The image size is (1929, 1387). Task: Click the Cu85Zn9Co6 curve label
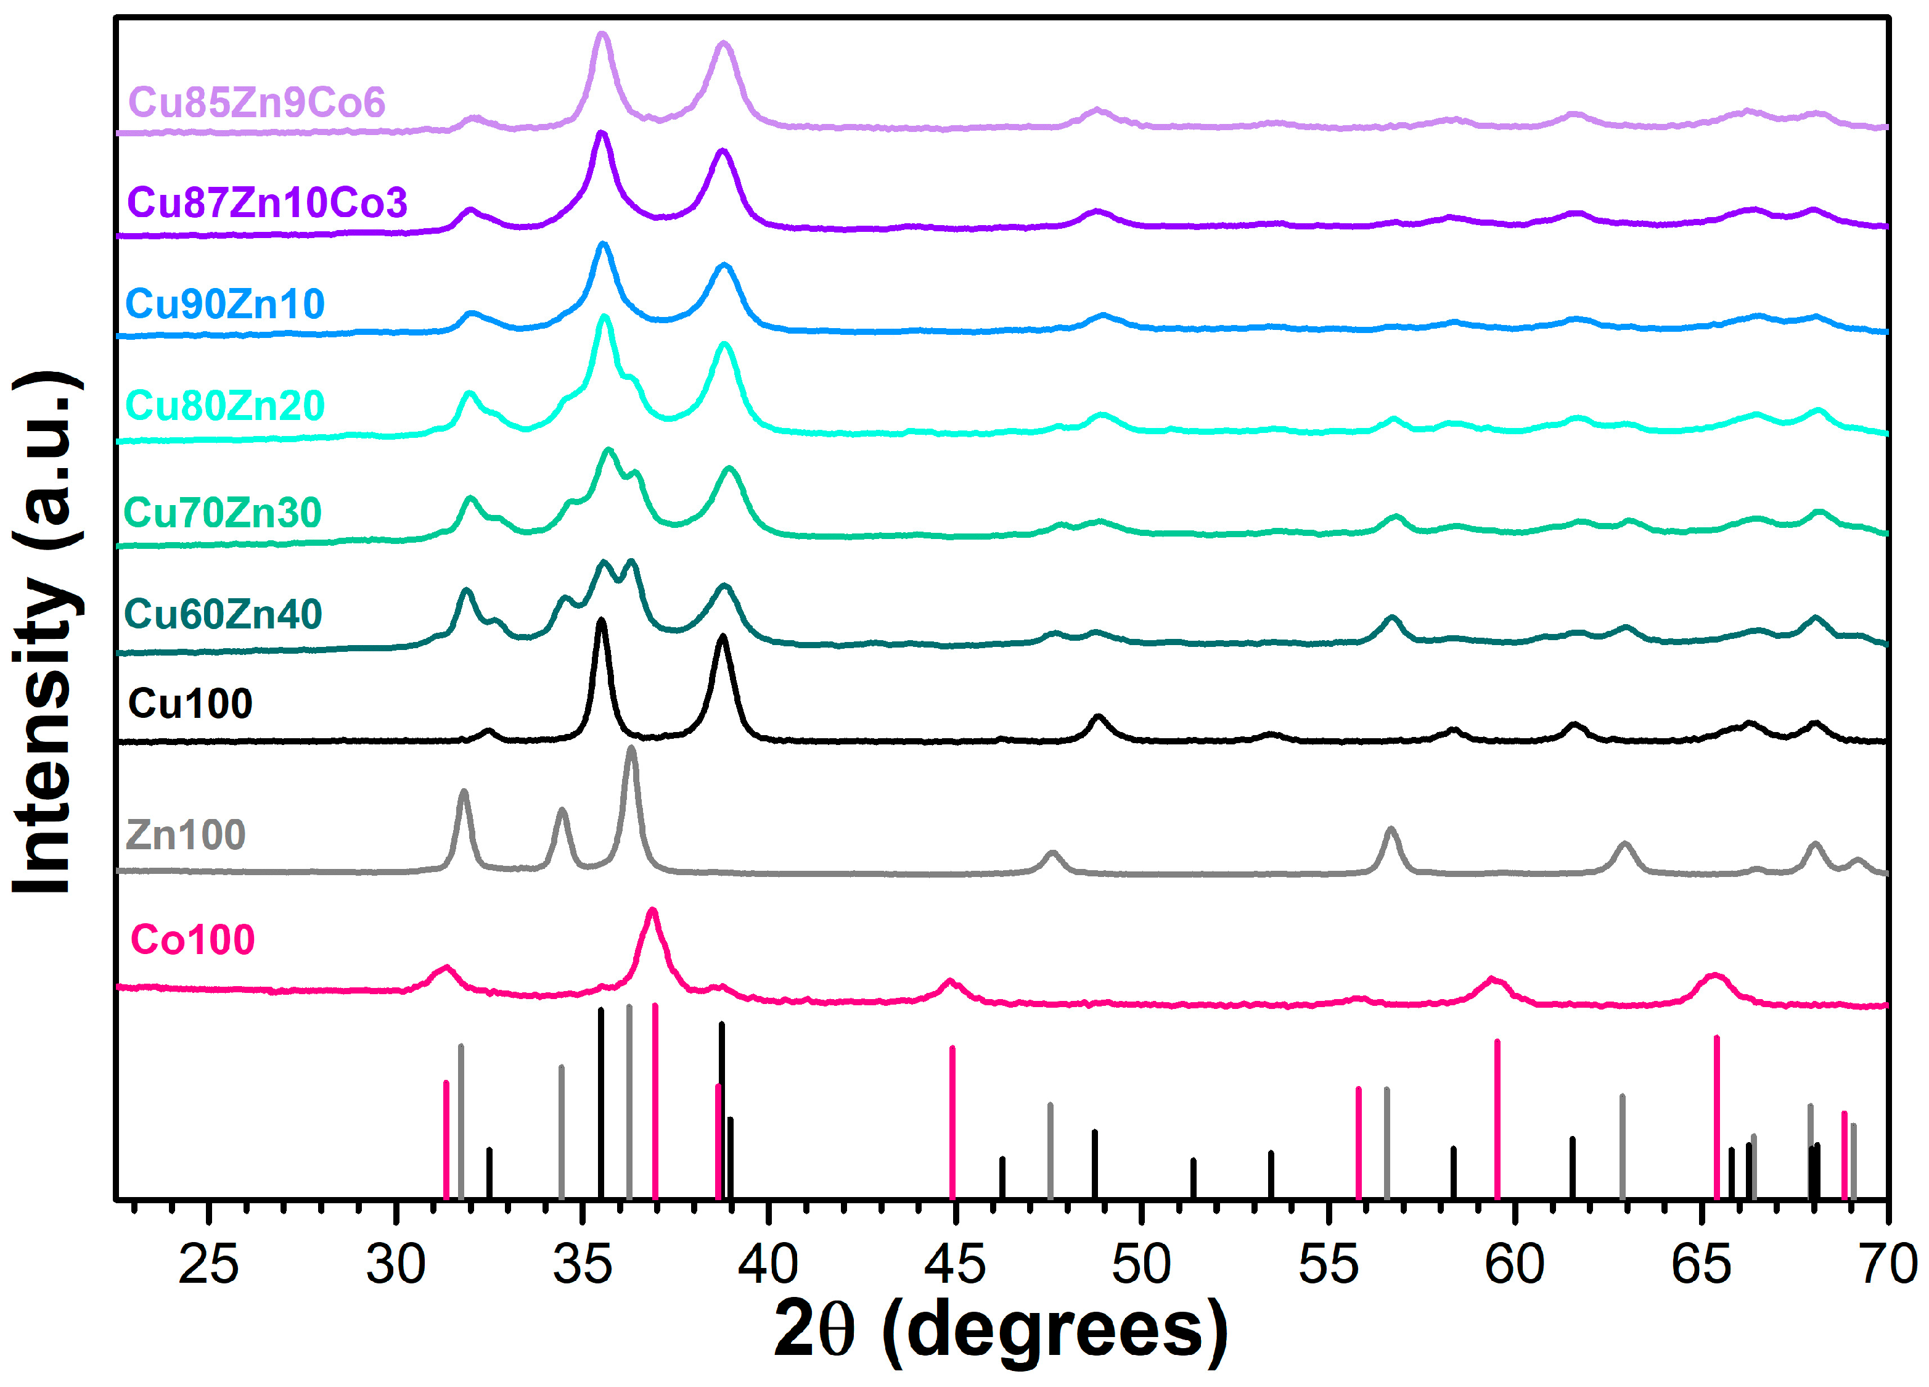click(256, 102)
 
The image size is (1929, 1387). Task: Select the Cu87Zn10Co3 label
click(267, 202)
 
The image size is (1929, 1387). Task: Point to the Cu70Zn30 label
click(222, 512)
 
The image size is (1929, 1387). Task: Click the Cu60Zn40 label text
click(223, 614)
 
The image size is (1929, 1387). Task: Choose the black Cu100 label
click(190, 704)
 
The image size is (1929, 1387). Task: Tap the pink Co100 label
click(192, 939)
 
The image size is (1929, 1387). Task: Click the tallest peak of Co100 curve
click(652, 913)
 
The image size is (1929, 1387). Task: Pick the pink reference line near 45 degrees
click(952, 1123)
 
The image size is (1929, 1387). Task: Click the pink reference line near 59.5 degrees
click(1497, 1119)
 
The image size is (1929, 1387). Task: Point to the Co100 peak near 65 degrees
click(1714, 976)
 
